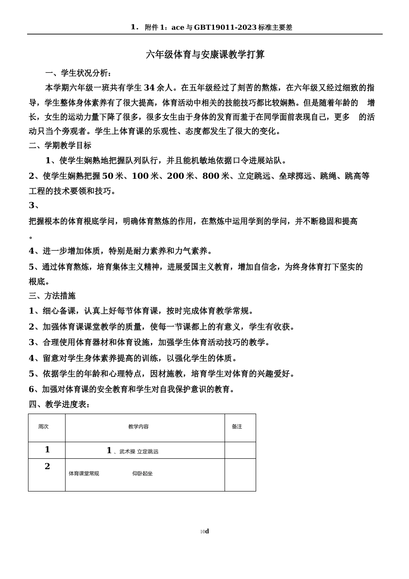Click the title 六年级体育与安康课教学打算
click(x=205, y=55)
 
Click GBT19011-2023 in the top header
click(x=225, y=28)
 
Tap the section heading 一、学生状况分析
click(x=79, y=73)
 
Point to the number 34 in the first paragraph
click(x=149, y=87)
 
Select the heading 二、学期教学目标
click(x=60, y=146)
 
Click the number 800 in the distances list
click(x=211, y=176)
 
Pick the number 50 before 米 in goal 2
click(x=108, y=176)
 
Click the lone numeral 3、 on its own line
click(x=34, y=205)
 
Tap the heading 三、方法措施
click(x=52, y=296)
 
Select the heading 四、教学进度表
click(x=59, y=404)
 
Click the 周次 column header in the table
click(x=43, y=426)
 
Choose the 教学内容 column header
click(x=138, y=426)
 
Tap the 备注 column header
click(x=237, y=426)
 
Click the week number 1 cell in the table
click(x=47, y=450)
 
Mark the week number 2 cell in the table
click(x=47, y=466)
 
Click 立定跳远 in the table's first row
click(x=148, y=451)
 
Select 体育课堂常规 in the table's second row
click(x=84, y=473)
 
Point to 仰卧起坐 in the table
click(x=143, y=473)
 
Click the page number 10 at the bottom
click(x=202, y=532)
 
